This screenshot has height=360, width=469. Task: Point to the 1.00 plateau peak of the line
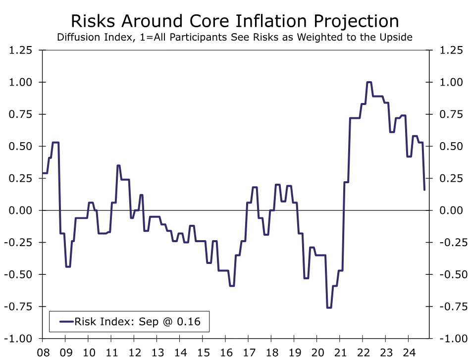pyautogui.click(x=369, y=82)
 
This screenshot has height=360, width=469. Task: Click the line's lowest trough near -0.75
pyautogui.click(x=329, y=308)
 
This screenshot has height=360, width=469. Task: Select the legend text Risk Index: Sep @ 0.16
pyautogui.click(x=138, y=322)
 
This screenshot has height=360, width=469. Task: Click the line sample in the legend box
pyautogui.click(x=65, y=322)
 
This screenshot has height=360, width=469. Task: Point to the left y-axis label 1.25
pyautogui.click(x=20, y=50)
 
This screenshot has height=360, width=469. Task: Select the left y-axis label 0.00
pyautogui.click(x=20, y=210)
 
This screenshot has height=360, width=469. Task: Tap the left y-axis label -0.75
pyautogui.click(x=18, y=307)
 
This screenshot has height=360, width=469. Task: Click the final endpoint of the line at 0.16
pyautogui.click(x=424, y=189)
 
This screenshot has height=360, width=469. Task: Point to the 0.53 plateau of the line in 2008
pyautogui.click(x=55, y=143)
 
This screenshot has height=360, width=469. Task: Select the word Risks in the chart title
pyautogui.click(x=93, y=21)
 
